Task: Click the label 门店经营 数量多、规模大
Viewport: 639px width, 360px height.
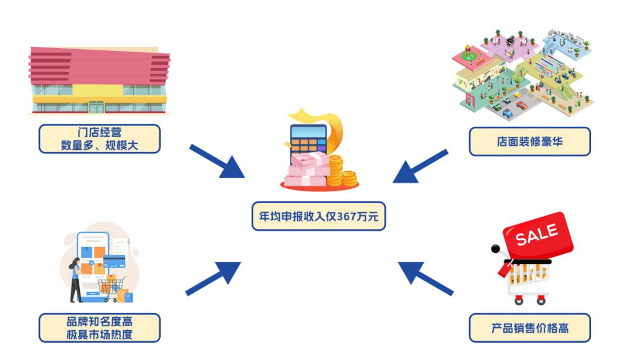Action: [x=99, y=139]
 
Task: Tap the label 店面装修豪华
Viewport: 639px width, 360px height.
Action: [x=530, y=142]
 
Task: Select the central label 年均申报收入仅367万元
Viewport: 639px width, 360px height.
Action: [x=318, y=217]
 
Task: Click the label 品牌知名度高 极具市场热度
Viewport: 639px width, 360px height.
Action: [x=99, y=328]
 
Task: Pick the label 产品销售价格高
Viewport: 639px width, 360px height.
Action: [x=530, y=328]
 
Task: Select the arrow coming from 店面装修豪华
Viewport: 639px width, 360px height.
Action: [x=420, y=166]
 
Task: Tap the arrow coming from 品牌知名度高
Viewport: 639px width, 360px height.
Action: [x=214, y=278]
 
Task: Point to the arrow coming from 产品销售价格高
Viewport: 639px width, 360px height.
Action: [x=425, y=278]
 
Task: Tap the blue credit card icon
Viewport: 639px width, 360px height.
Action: [x=114, y=261]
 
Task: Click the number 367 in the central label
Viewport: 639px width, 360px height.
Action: [x=347, y=217]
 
